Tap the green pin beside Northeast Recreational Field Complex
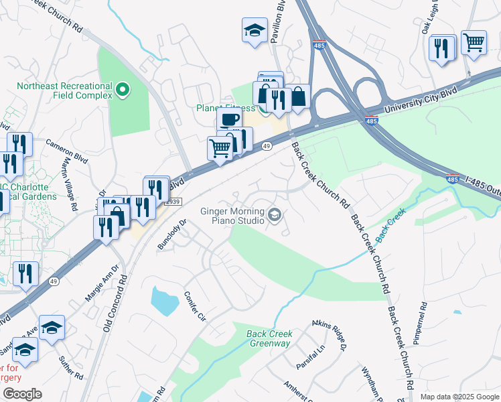pyautogui.click(x=123, y=89)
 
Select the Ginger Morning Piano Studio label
pyautogui.click(x=232, y=215)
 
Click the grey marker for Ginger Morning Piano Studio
pyautogui.click(x=274, y=215)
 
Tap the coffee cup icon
pyautogui.click(x=229, y=119)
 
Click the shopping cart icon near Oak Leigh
pyautogui.click(x=474, y=42)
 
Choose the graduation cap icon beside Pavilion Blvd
pyautogui.click(x=255, y=30)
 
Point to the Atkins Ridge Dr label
pyautogui.click(x=328, y=335)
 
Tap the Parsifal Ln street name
pyautogui.click(x=310, y=357)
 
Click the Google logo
pyautogui.click(x=22, y=394)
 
